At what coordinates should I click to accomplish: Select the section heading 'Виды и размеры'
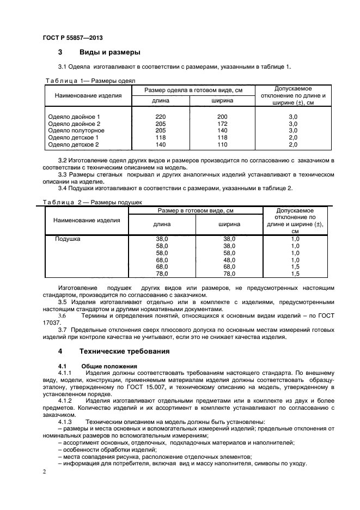(109, 52)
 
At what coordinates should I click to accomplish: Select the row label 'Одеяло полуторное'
(76, 131)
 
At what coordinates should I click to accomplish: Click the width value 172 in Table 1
(222, 124)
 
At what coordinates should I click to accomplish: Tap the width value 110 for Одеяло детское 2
(222, 145)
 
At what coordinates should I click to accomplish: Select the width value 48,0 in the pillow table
(229, 260)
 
